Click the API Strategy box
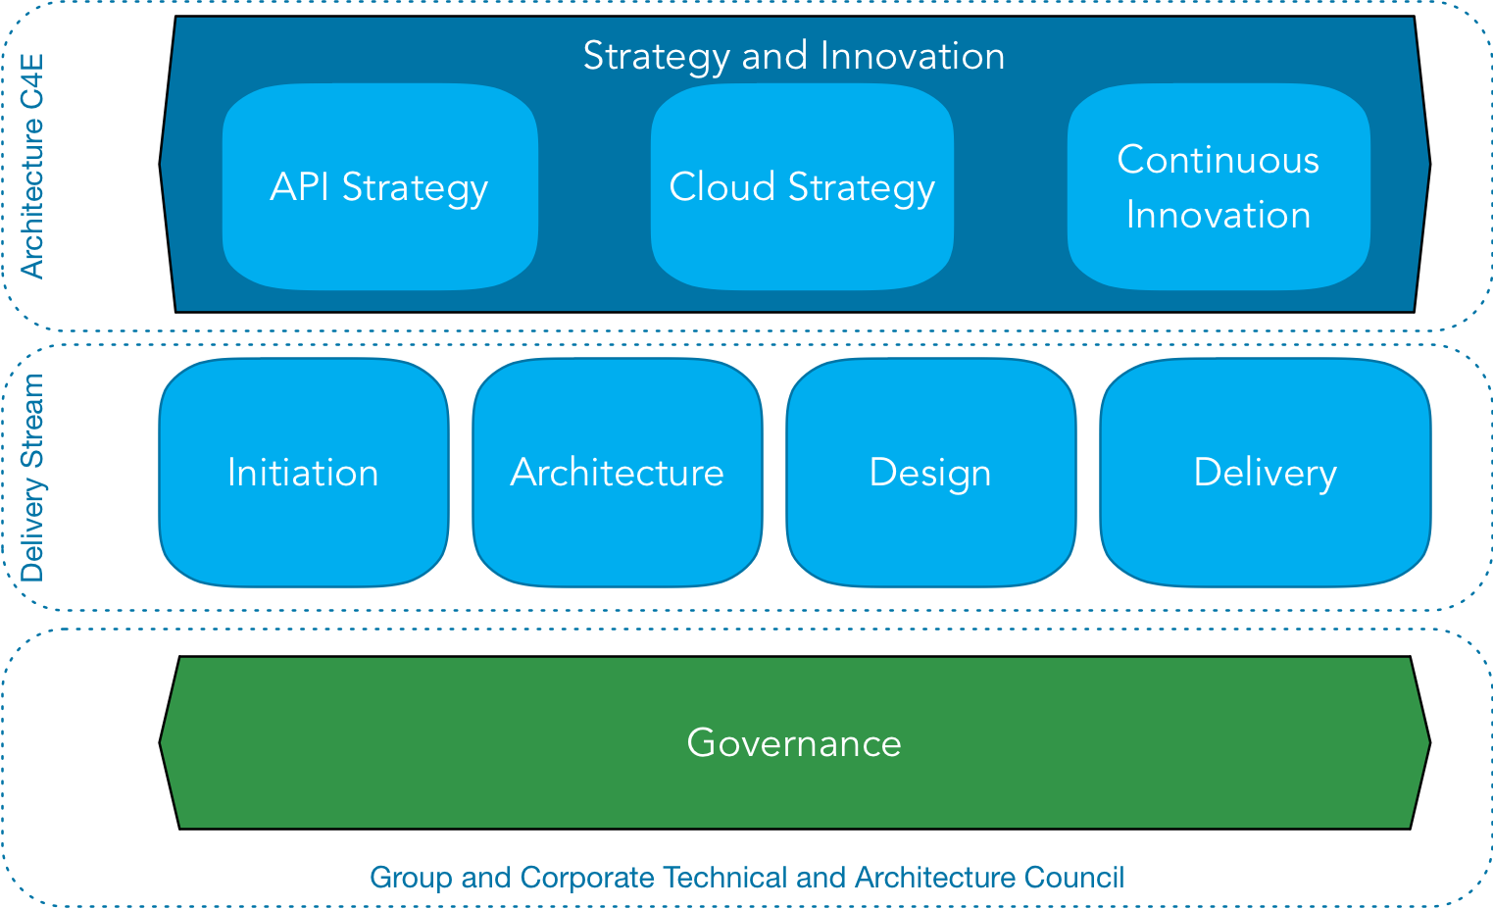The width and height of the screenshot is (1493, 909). (379, 187)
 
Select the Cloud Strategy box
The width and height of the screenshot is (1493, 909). (802, 187)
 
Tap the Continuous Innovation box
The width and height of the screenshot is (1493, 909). (1218, 187)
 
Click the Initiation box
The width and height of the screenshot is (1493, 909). (303, 473)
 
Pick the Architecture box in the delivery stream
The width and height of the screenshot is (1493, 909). (617, 473)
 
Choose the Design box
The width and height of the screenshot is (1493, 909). (930, 473)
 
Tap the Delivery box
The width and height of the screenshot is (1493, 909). (1265, 473)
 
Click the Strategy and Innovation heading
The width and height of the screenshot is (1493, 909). (793, 56)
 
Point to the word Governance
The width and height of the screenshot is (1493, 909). (794, 743)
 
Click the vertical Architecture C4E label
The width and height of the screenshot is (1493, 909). (32, 167)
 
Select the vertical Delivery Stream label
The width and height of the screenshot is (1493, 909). (32, 478)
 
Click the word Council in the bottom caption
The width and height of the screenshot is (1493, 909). (1072, 877)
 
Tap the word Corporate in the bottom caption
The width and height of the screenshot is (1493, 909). (587, 877)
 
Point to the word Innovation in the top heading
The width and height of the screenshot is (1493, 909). (912, 56)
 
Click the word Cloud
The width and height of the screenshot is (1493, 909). (722, 186)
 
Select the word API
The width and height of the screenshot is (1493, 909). (299, 186)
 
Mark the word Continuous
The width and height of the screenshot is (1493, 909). (1218, 160)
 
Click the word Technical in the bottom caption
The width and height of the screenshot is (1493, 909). (725, 877)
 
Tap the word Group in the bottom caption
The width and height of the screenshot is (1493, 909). (411, 877)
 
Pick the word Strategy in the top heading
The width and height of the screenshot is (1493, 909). (655, 56)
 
